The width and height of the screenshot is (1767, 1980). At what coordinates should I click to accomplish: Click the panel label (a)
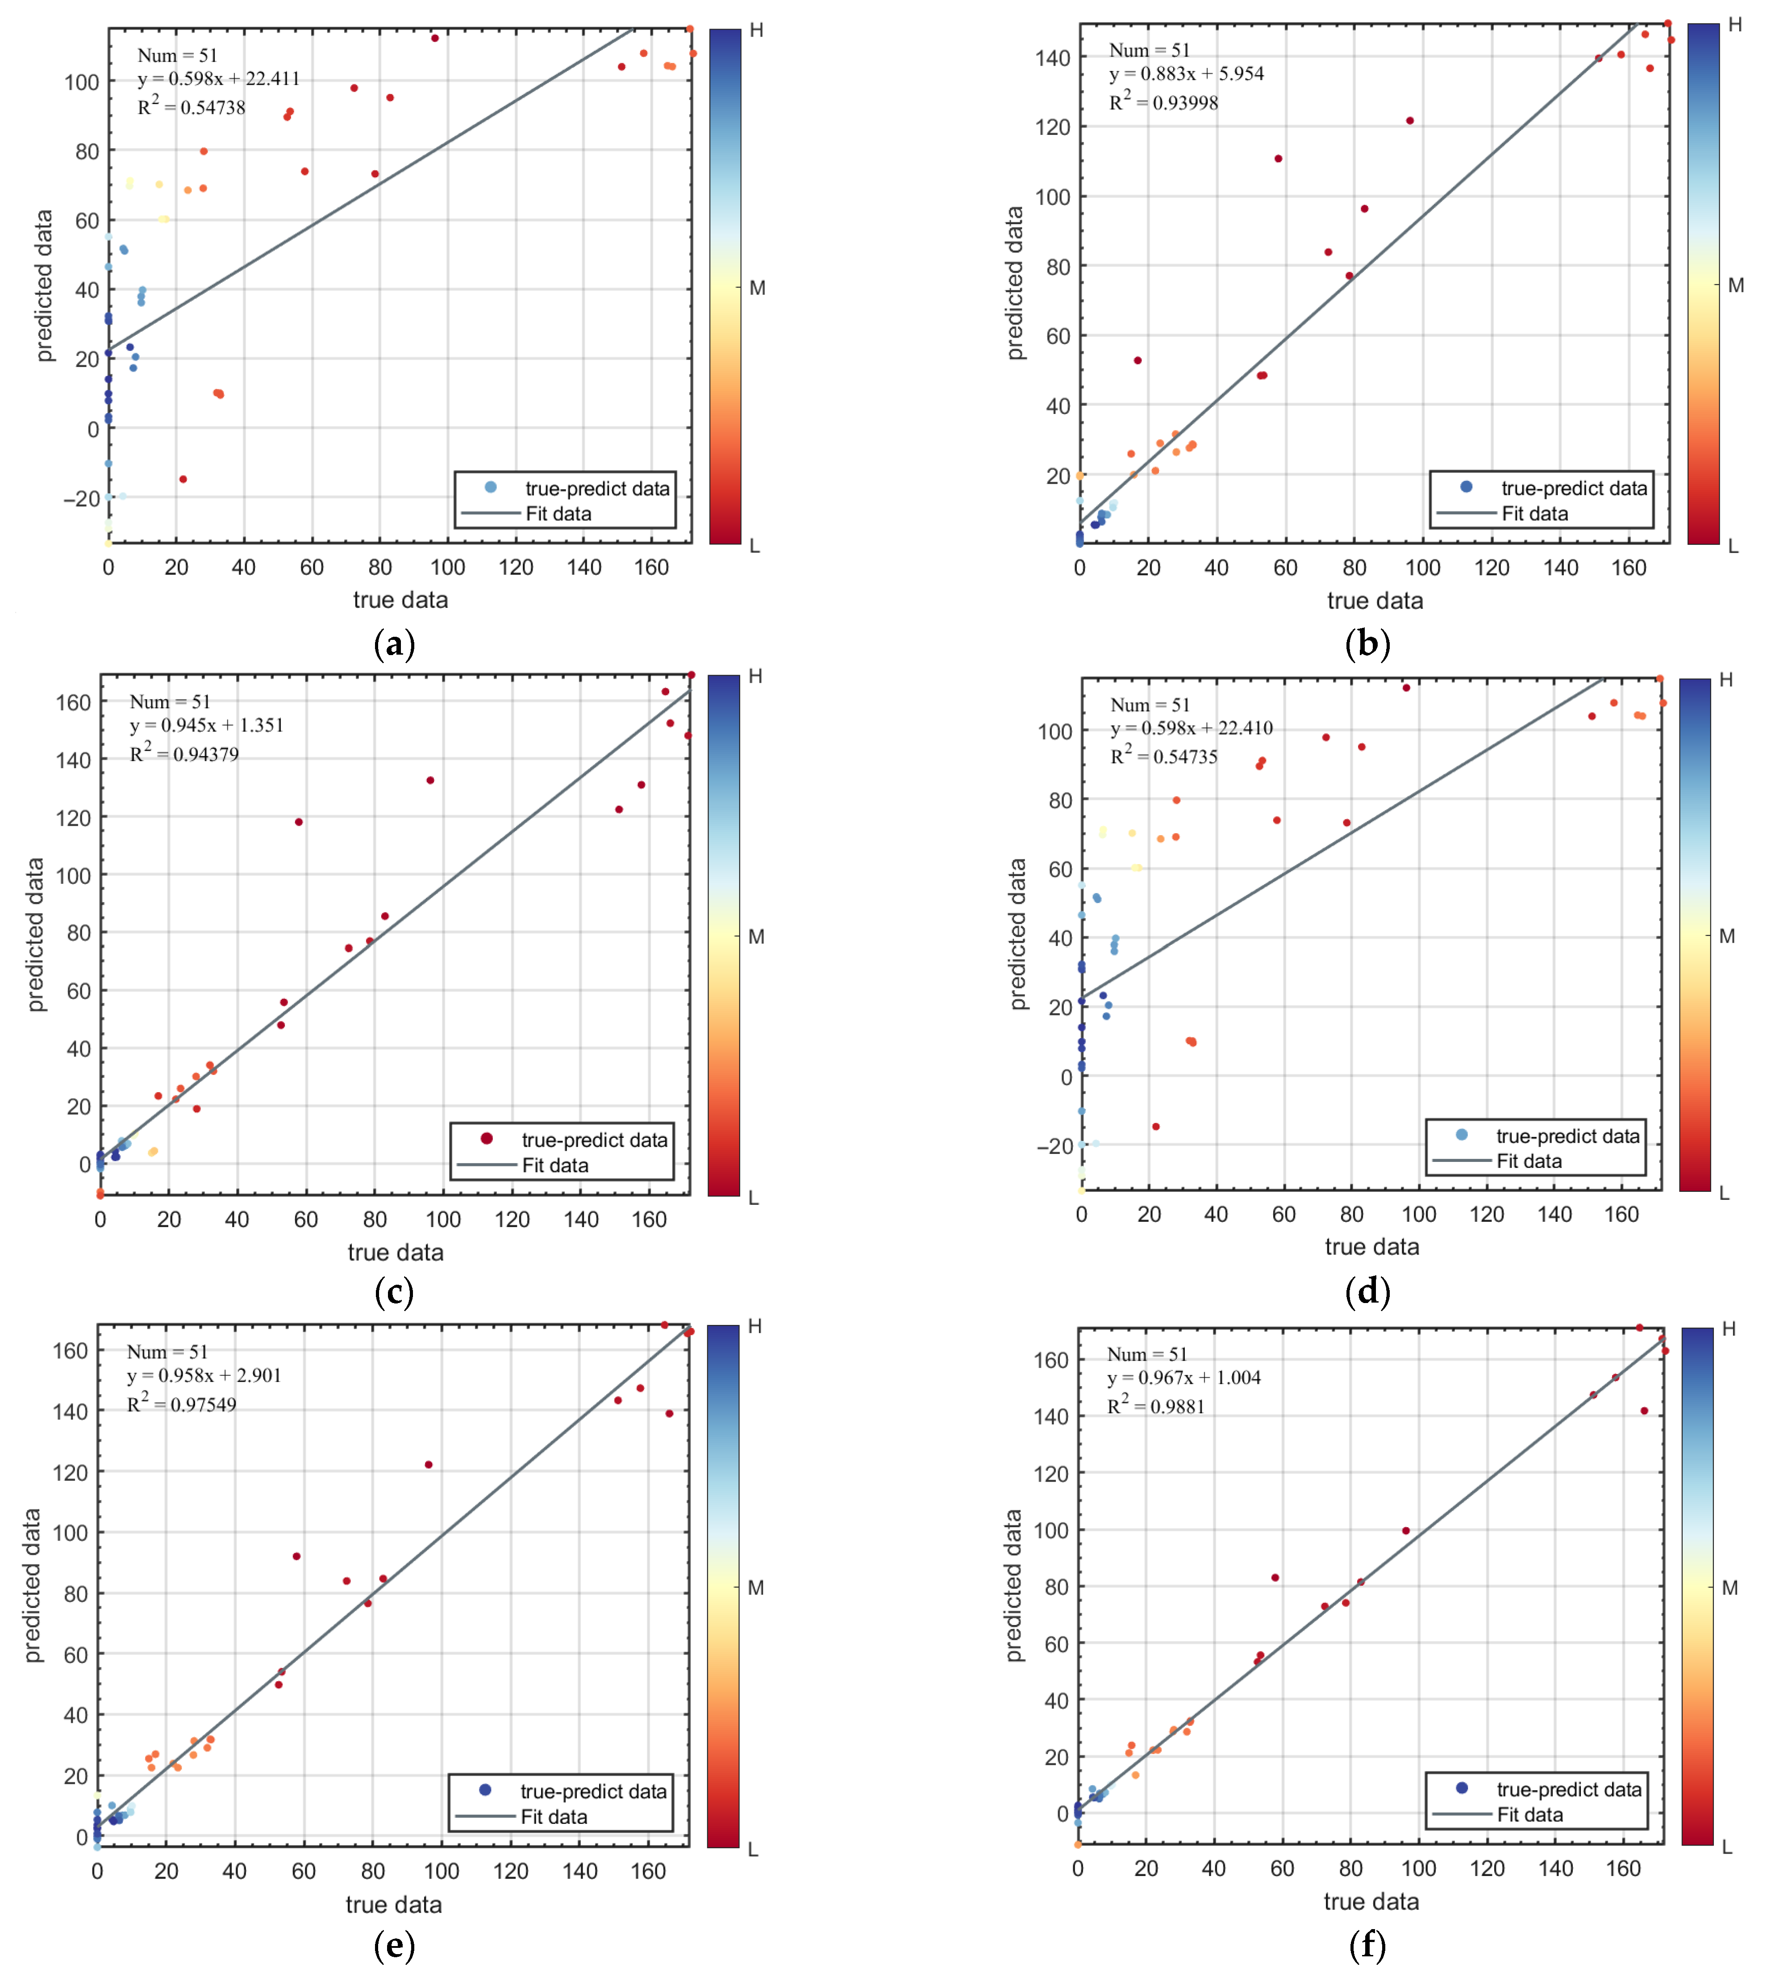(394, 644)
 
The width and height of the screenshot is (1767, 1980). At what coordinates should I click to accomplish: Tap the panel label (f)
(1368, 1945)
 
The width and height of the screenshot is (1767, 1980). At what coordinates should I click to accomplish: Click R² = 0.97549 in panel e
(182, 1404)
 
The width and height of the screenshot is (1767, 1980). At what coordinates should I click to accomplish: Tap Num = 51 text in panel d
(1150, 705)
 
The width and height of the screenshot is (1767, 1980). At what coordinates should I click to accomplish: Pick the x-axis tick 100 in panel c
(444, 1220)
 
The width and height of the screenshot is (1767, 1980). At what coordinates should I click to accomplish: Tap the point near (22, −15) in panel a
(183, 479)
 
